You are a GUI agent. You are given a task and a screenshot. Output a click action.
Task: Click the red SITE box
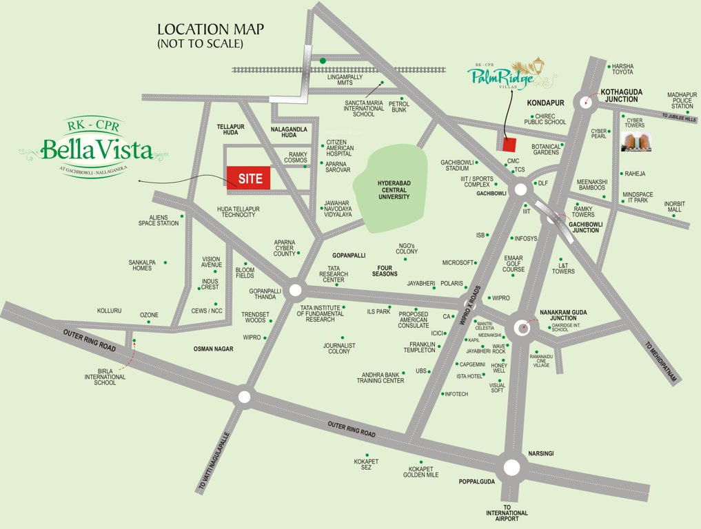coord(249,178)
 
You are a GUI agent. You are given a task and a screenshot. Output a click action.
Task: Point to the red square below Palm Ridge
coord(509,145)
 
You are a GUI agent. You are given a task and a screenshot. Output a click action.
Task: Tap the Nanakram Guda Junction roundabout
coord(525,325)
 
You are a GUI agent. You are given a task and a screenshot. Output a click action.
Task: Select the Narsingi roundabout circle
coord(511,468)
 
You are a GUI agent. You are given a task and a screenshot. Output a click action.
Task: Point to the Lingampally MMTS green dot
coord(323,61)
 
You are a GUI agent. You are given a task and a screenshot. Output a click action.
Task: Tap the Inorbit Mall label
coord(675,207)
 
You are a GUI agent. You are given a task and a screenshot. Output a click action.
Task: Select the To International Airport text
coord(507,516)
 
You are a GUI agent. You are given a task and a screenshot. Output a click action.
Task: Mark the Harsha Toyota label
coord(623,69)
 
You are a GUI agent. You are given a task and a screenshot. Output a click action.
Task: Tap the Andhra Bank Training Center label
coord(380,377)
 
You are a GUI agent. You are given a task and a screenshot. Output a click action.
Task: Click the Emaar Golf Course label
coord(514,265)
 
